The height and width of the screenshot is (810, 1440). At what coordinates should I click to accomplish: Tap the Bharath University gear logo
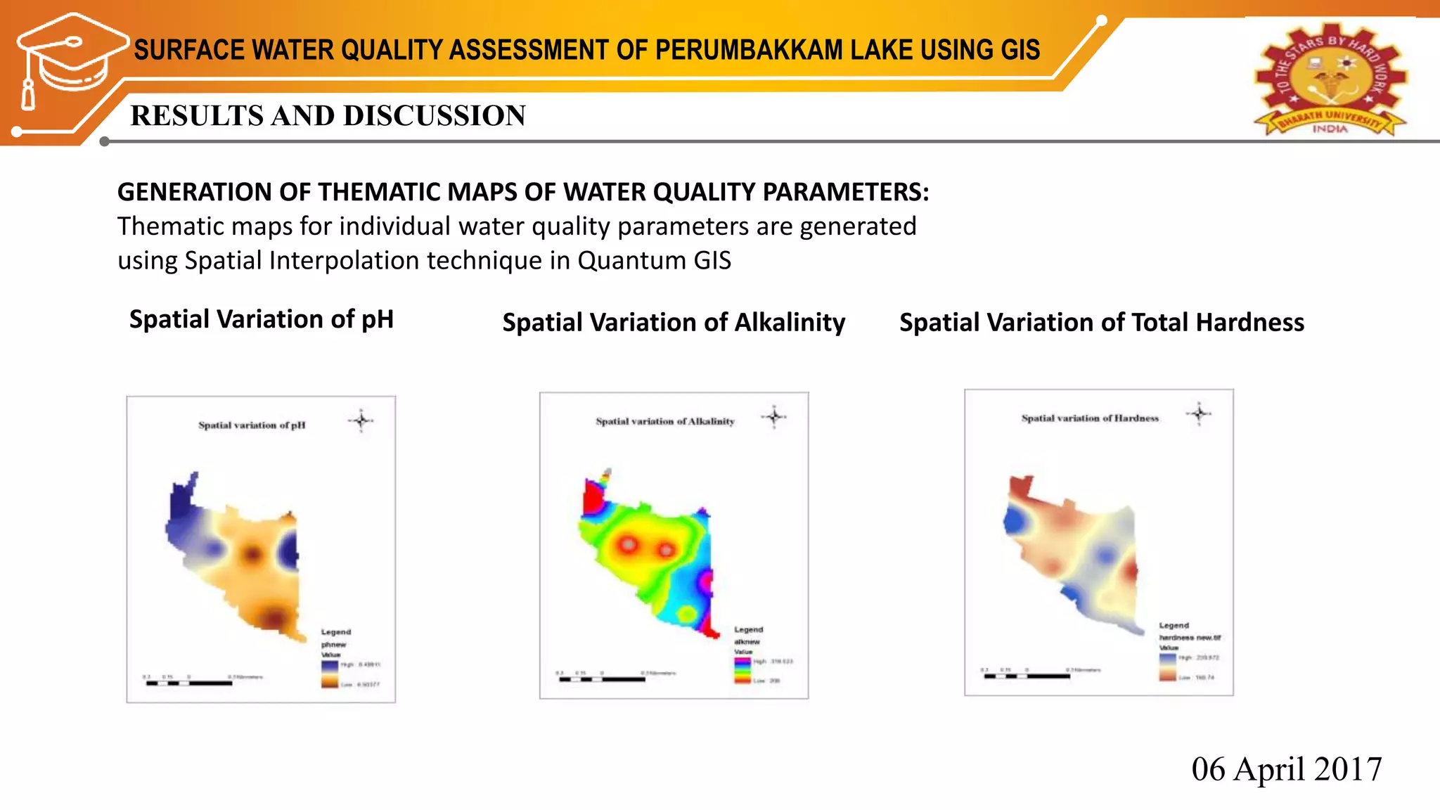point(1330,79)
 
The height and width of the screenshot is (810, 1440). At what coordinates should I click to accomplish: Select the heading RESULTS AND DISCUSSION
point(328,115)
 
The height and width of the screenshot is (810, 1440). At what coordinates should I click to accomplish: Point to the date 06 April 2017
point(1286,769)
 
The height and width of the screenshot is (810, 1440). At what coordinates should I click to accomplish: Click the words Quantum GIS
point(654,260)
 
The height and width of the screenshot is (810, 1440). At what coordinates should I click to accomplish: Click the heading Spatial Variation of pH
point(261,319)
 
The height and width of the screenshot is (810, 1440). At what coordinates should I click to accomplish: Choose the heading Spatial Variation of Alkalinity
point(674,322)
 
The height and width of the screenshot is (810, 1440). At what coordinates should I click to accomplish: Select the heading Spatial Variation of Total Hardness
point(1101,322)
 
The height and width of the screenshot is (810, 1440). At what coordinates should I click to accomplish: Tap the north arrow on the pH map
point(361,420)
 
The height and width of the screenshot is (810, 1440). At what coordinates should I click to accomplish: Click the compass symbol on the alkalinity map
point(773,417)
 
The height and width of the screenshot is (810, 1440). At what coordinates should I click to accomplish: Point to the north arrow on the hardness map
point(1199,413)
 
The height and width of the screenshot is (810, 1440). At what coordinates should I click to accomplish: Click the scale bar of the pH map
point(189,682)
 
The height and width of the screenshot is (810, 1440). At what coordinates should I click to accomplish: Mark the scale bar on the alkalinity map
point(602,679)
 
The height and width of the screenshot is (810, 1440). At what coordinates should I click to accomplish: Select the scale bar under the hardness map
point(1027,675)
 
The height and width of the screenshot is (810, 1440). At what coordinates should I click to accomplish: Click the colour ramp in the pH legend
point(330,674)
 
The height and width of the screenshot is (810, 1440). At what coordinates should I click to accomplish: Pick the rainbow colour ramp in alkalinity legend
point(742,671)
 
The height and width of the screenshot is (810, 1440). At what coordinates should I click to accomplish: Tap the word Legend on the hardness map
point(1174,625)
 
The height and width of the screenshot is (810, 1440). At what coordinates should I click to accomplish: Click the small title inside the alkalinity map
point(665,421)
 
